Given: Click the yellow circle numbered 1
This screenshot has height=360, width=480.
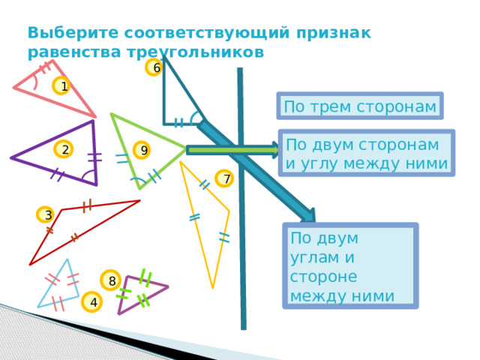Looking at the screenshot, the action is (61, 85).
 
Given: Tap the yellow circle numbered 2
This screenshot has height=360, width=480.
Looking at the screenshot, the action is (63, 149).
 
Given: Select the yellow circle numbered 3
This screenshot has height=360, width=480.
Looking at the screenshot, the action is (46, 214).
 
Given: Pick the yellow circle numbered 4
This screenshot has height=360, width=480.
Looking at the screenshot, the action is (91, 301).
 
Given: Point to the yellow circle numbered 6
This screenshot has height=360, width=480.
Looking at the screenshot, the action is (154, 67).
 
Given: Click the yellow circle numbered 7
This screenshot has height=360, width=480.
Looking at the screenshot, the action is (224, 178).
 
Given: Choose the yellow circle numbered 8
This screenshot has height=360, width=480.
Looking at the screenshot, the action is (110, 280).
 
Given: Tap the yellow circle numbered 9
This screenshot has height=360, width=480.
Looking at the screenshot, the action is (142, 150).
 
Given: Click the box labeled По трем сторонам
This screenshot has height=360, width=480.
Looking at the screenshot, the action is (360, 106).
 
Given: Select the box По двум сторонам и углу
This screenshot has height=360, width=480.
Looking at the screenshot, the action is (367, 153).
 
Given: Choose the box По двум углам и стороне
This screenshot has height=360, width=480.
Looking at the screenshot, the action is (350, 265).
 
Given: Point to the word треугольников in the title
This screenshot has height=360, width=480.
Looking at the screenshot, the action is (196, 52).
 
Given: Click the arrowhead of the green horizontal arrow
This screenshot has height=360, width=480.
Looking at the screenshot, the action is (275, 150).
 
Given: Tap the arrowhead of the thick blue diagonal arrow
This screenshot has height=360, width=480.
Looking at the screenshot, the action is (308, 216).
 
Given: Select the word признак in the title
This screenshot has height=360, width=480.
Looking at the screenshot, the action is (334, 33).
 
